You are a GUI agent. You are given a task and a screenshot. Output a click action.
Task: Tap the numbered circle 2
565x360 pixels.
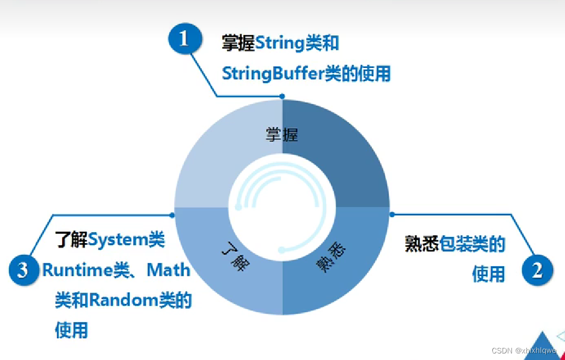point(538,270)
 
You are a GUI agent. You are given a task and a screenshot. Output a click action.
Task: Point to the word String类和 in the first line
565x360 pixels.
point(297,43)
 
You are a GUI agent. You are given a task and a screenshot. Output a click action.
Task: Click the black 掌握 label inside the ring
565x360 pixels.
point(282,134)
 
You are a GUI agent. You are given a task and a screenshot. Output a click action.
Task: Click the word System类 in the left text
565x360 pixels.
point(126,240)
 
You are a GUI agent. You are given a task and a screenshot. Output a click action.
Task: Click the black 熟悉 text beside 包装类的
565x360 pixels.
point(422,244)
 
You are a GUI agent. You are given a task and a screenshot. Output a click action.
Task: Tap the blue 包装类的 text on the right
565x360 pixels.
point(473,244)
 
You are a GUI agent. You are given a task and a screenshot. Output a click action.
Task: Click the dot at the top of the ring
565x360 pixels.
point(282,97)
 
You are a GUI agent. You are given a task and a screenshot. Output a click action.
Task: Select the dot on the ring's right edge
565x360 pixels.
point(391,215)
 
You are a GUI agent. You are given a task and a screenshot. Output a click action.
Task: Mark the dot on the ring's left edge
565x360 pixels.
point(172,215)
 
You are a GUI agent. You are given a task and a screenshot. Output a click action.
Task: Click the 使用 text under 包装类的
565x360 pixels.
point(488,274)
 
